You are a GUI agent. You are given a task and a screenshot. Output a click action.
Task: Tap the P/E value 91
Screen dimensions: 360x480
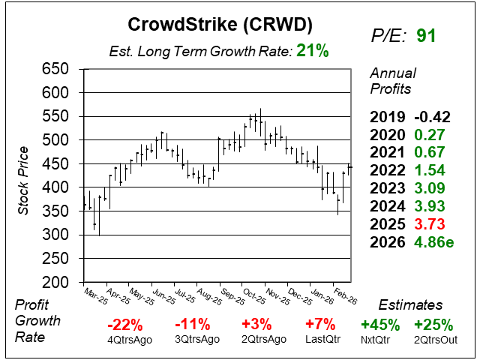[x=425, y=35]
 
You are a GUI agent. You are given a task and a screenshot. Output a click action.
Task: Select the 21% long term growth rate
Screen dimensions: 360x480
[x=312, y=50]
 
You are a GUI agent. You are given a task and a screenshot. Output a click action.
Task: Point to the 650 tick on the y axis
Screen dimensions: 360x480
[x=55, y=69]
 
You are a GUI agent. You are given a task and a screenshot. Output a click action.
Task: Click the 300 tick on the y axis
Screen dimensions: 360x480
[x=55, y=235]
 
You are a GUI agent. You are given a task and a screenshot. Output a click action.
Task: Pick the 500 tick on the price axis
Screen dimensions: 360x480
[x=55, y=140]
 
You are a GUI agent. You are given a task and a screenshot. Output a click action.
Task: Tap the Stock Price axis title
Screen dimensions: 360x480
[x=23, y=175]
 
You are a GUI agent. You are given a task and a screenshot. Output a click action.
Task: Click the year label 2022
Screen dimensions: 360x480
[x=385, y=170]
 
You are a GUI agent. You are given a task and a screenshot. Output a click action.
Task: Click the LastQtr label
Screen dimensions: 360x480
[x=322, y=339]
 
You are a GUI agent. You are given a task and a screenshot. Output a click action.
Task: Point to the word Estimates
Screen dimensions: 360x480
[x=409, y=305]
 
